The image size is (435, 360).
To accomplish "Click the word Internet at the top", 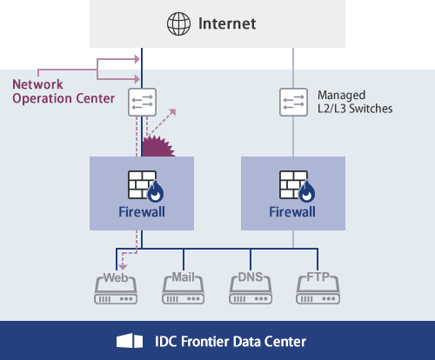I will (227, 23).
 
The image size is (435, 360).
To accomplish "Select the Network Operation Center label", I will (63, 90).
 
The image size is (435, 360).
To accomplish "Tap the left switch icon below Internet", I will (142, 102).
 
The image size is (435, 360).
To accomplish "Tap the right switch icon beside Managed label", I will (293, 102).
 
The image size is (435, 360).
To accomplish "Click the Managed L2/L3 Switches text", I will (355, 102).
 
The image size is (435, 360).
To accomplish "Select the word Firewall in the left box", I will (142, 211).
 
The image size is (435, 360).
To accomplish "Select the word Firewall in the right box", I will (293, 211).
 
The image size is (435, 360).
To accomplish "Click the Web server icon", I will (117, 289).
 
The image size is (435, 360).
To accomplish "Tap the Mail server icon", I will (184, 289).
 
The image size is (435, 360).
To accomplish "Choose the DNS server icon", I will (251, 289).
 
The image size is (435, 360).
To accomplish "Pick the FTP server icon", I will (318, 289).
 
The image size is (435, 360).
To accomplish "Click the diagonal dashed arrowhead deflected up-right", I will (171, 111).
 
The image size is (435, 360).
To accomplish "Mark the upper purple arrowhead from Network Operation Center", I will (136, 60).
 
